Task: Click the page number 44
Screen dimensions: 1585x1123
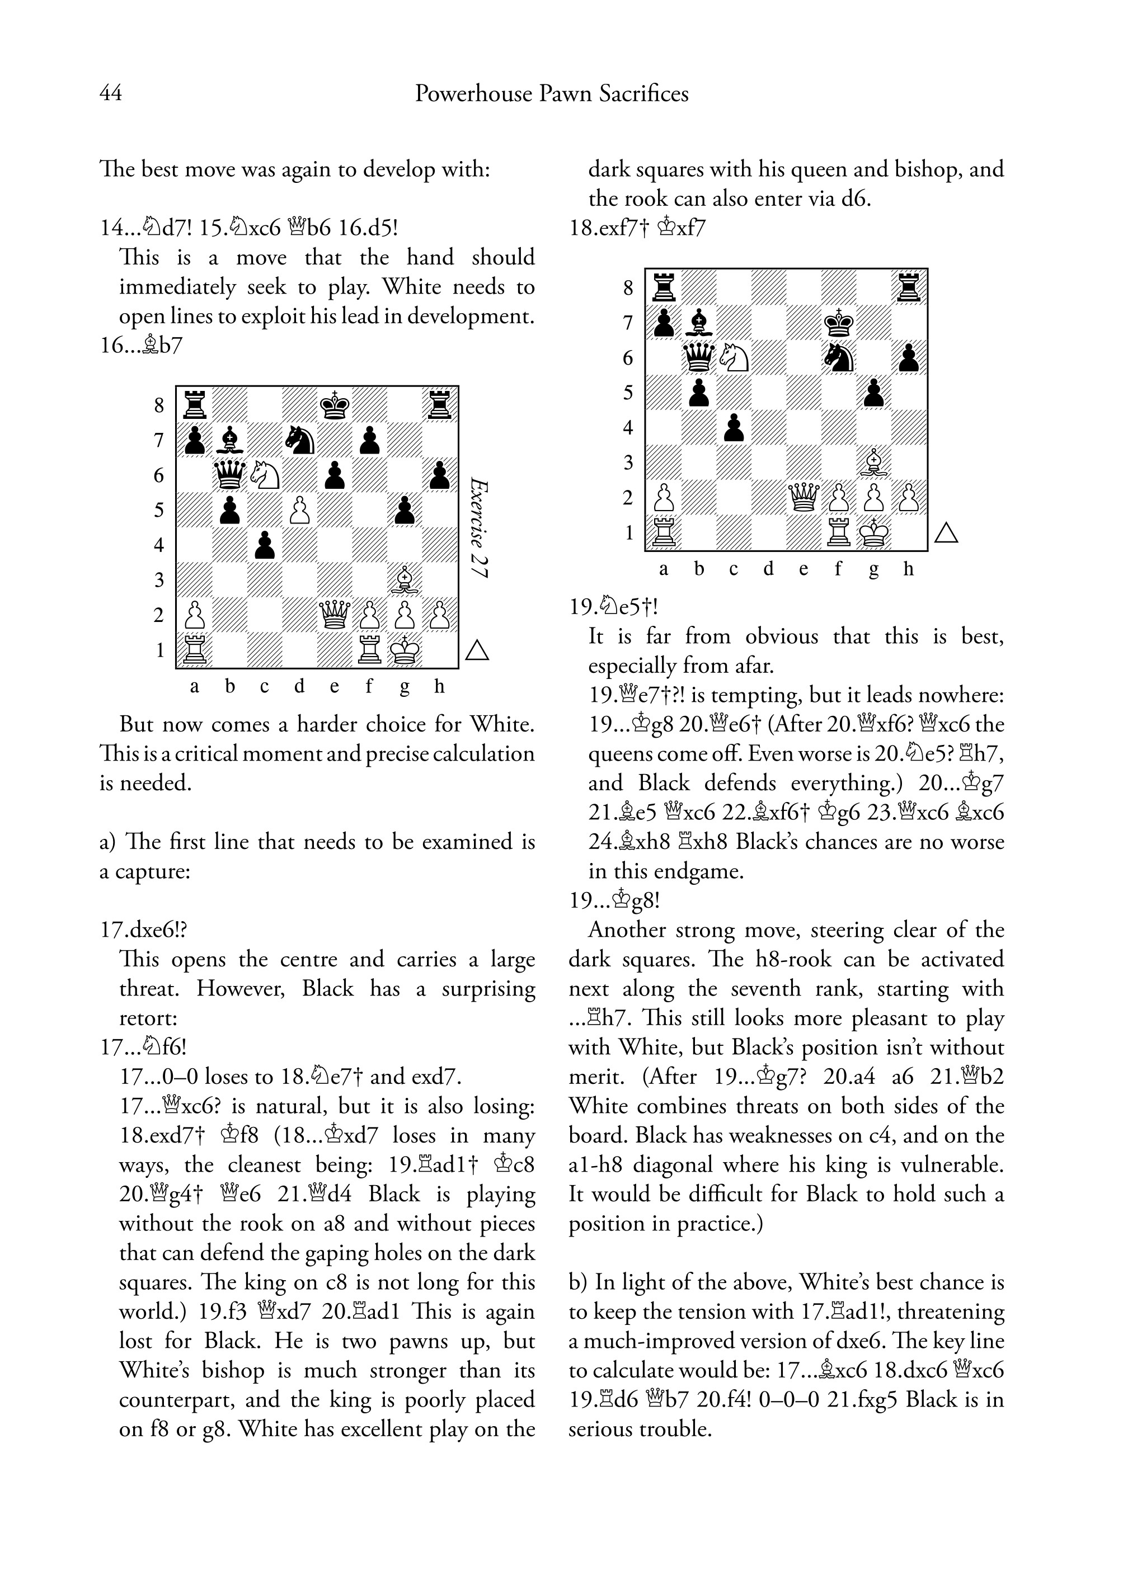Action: [111, 93]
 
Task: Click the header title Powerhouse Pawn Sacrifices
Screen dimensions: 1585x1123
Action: [551, 93]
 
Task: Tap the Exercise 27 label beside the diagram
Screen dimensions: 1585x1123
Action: [478, 527]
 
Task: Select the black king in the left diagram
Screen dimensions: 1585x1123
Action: [335, 404]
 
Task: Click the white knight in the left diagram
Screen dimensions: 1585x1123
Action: [264, 474]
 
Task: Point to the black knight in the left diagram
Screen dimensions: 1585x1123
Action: [299, 439]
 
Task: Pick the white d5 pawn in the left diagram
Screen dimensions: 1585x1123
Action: [299, 510]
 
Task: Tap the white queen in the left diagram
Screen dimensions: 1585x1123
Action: [335, 615]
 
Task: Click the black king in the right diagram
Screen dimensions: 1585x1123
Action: [839, 322]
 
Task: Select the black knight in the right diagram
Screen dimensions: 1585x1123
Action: [839, 357]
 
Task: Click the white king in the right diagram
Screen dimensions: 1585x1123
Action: [874, 532]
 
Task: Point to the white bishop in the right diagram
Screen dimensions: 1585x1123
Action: [874, 462]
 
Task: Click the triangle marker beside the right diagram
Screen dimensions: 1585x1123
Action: [946, 533]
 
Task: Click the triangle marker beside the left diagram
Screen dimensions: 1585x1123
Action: [477, 650]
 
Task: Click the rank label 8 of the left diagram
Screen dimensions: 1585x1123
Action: [159, 405]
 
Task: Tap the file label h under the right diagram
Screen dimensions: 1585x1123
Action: [908, 569]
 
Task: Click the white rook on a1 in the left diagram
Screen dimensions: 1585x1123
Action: [194, 650]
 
